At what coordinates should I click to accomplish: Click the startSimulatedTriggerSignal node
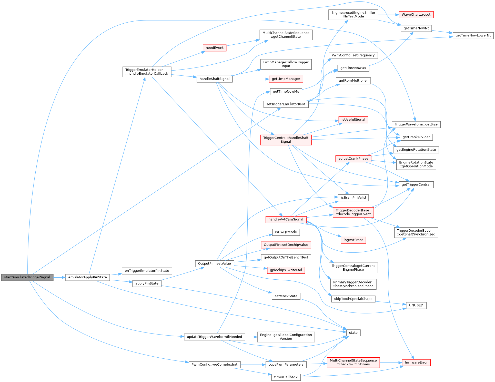(27, 277)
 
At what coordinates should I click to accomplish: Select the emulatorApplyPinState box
(87, 277)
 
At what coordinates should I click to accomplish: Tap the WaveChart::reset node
(416, 15)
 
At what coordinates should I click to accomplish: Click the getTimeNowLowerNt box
(473, 35)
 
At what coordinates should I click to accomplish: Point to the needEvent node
(215, 48)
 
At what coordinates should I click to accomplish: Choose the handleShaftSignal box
(215, 79)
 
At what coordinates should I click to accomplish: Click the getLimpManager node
(286, 79)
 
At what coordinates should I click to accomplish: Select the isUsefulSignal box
(353, 120)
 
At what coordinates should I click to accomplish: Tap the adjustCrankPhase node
(353, 159)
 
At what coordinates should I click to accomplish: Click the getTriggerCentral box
(416, 184)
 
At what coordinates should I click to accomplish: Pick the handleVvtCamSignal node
(286, 219)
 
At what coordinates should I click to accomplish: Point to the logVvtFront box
(353, 240)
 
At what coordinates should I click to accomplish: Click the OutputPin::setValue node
(214, 263)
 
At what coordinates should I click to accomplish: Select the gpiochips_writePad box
(286, 270)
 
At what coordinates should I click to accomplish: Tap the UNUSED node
(416, 305)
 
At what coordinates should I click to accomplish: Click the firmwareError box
(416, 363)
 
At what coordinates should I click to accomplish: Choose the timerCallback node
(286, 377)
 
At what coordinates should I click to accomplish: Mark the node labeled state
(353, 333)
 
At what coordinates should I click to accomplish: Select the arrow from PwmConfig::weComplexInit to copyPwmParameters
(253, 365)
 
